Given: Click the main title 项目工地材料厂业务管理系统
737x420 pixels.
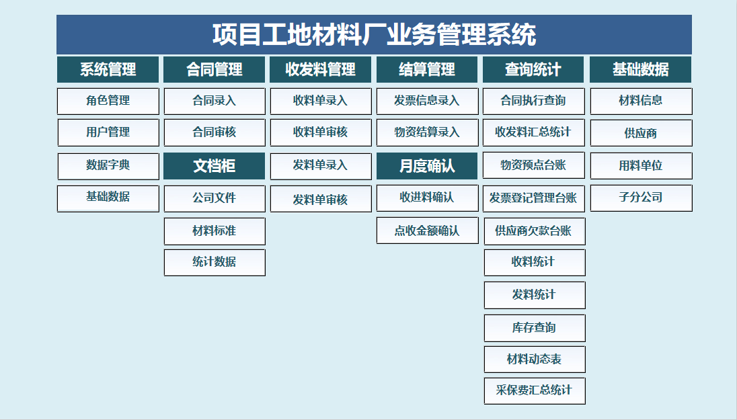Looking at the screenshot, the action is [x=374, y=34].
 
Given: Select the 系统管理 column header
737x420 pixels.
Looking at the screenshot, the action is [x=108, y=69].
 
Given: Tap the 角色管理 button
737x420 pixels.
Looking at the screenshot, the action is [x=108, y=101].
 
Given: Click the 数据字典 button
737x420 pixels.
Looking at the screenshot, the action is [x=108, y=166].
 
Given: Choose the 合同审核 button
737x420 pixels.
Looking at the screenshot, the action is [x=215, y=132].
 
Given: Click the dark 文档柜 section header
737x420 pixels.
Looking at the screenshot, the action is [x=215, y=166].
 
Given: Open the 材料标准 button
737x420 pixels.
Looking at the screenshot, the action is [x=215, y=231].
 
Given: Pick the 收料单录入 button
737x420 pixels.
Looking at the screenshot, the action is [x=321, y=101].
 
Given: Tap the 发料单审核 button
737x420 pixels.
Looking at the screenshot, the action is [x=321, y=199].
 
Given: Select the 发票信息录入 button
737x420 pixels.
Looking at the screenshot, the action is [x=427, y=101].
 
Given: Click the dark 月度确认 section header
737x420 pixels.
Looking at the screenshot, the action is [x=427, y=166].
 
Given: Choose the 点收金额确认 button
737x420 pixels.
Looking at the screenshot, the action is [x=427, y=230].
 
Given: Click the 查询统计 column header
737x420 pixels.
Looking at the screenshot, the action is [x=533, y=69].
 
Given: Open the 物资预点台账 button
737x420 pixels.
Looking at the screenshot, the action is [x=533, y=165].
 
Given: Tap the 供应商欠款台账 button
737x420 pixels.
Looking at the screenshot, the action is [x=535, y=231].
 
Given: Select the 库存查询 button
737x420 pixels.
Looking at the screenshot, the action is [x=535, y=328].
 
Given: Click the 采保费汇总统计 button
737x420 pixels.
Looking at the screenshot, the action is [x=535, y=391].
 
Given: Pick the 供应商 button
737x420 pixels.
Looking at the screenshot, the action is [x=641, y=133].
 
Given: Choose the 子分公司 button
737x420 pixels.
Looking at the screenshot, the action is [x=641, y=198].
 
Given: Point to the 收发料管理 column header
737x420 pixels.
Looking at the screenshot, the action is [x=321, y=69].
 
